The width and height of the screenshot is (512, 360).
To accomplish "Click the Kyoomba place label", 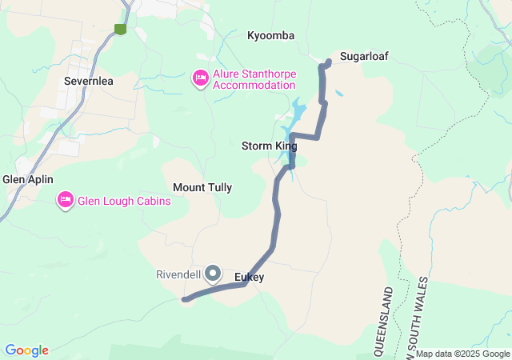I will (270, 36).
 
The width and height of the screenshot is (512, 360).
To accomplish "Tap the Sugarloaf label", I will (363, 57).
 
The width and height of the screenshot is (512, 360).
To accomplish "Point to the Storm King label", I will (269, 146).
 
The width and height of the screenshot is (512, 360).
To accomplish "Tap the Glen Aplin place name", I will (27, 180).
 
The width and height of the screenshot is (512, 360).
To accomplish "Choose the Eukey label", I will (249, 278).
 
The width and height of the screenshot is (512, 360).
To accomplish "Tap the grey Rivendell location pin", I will (213, 274).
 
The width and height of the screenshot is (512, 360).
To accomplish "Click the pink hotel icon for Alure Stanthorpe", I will (200, 78).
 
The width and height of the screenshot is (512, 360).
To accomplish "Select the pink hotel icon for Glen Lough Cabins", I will (66, 200).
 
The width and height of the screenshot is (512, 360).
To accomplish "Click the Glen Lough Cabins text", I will (124, 201).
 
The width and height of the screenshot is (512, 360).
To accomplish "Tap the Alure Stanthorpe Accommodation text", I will (254, 79).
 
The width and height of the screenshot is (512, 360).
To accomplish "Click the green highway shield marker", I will (121, 29).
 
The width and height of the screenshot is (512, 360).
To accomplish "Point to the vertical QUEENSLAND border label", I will (388, 320).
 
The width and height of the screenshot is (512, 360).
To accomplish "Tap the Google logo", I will (26, 350).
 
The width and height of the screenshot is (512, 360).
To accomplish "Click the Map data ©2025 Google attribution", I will (462, 354).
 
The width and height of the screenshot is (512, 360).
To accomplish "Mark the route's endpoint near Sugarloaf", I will (330, 62).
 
